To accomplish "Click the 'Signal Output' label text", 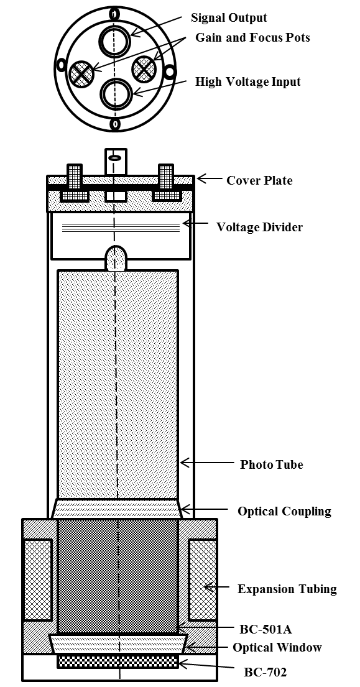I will coord(229,18).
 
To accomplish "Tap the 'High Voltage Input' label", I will coord(248,81).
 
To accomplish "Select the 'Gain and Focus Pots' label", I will coord(252,38).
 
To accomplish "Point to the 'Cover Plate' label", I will coord(259,180).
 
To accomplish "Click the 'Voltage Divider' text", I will coord(259,227).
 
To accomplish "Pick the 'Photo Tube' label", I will coord(272,464).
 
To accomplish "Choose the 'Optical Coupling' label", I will coord(284,512).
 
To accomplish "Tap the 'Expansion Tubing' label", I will coord(287,589).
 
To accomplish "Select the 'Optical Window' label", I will coord(277,648).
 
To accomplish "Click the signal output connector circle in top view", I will coord(115,42).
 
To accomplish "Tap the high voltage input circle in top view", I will coord(115,95).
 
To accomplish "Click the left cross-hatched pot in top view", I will coord(81,73).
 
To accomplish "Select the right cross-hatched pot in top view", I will coord(145,67).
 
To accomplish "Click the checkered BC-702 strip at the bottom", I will coord(118,662).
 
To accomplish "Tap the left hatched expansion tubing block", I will coord(37,579).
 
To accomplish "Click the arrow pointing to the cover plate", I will coord(210,180).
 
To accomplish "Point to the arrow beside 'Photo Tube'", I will coord(203,463).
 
